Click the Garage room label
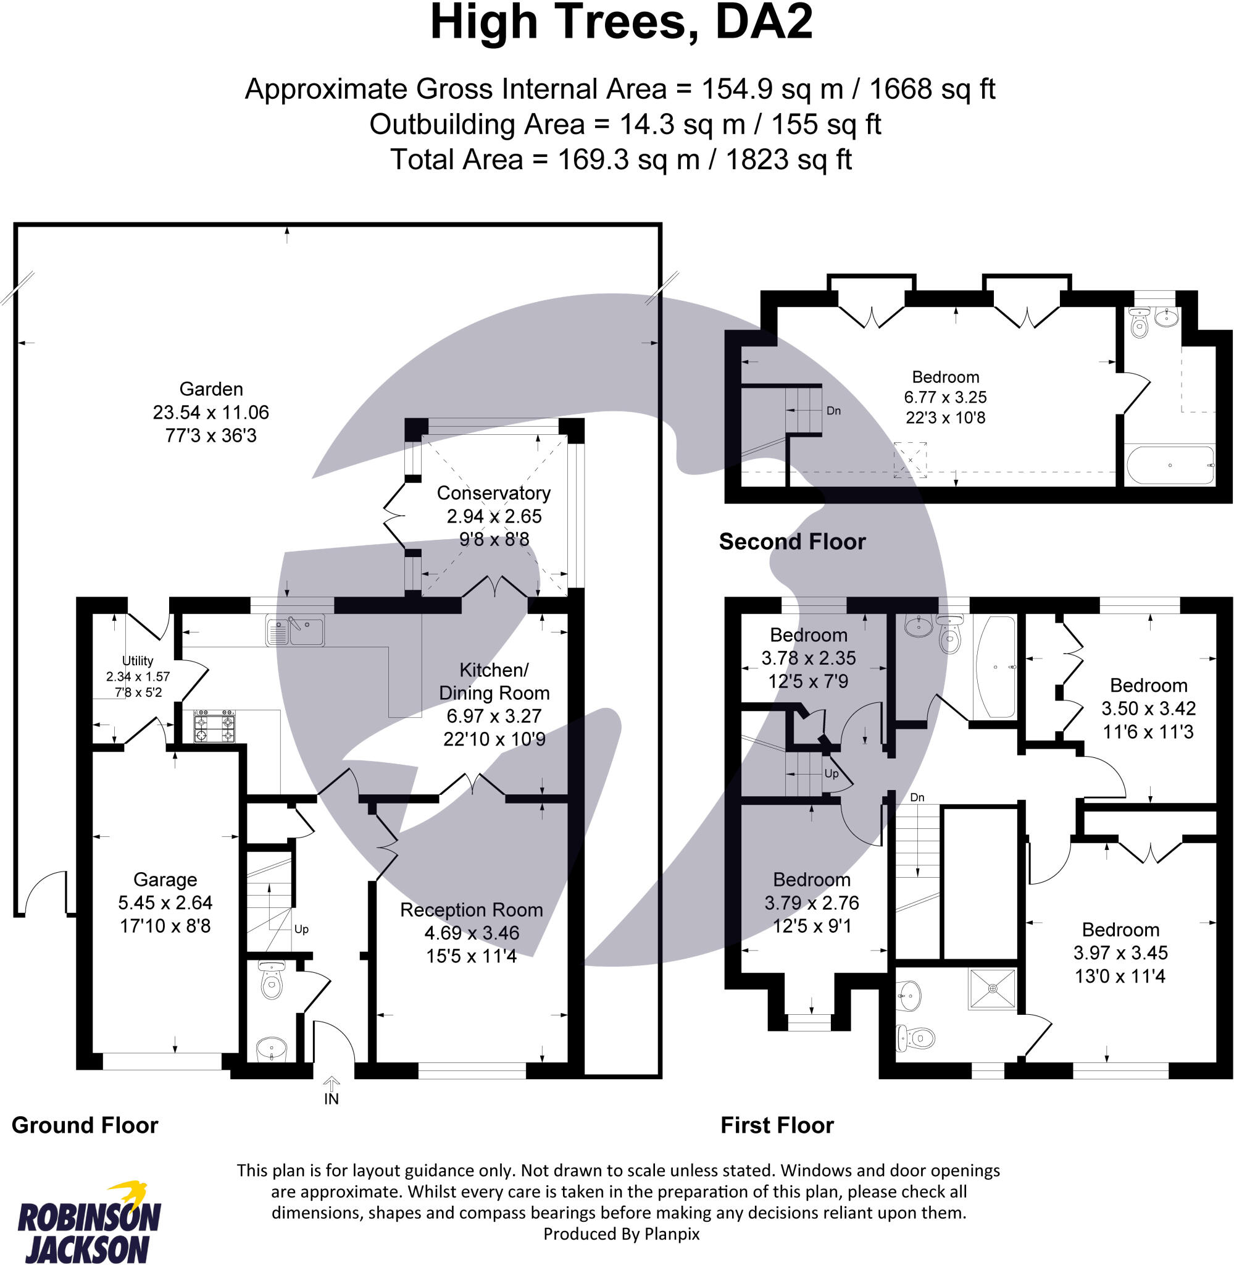coord(165,879)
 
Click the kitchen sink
coord(296,630)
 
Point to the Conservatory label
coord(493,493)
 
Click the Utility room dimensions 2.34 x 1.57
coord(138,676)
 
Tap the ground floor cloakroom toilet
coord(271,981)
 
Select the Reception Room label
coord(471,910)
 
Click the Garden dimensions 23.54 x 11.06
coord(211,413)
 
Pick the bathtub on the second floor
coord(1170,465)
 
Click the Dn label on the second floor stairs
coord(833,410)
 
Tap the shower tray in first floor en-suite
coord(991,988)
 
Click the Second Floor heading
coord(792,542)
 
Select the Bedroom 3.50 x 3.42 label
coord(1148,686)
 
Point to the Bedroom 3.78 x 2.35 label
coord(808,635)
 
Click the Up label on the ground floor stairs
coord(301,929)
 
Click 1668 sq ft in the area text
coord(932,89)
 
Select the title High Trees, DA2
coord(621,22)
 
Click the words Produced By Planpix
coord(621,1234)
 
